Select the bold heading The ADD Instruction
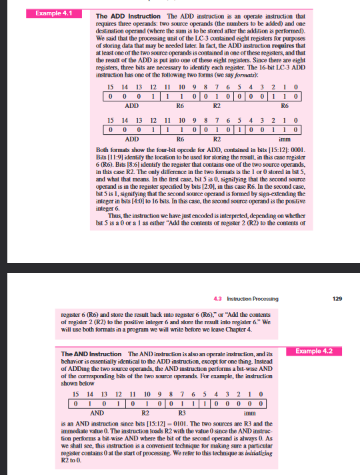click(118, 16)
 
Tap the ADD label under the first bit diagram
click(131, 105)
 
